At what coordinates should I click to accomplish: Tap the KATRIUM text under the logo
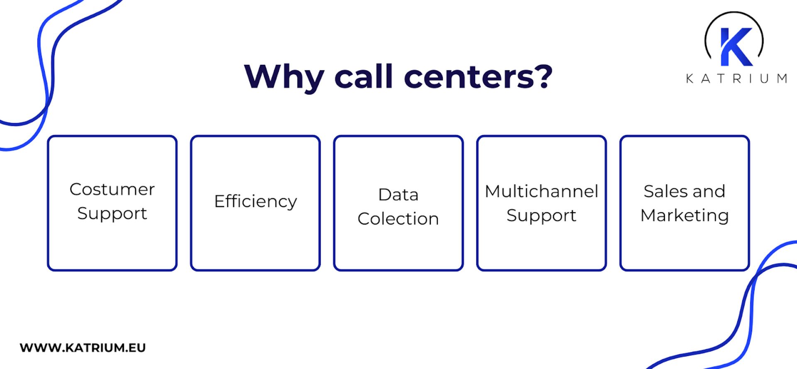pyautogui.click(x=736, y=78)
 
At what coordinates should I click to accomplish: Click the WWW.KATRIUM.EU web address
pyautogui.click(x=83, y=347)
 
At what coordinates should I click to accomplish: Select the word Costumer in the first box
pyautogui.click(x=112, y=189)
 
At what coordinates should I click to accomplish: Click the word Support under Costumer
pyautogui.click(x=112, y=213)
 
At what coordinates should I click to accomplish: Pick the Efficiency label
pyautogui.click(x=255, y=201)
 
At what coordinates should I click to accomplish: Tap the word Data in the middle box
pyautogui.click(x=398, y=194)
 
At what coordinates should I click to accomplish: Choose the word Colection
pyautogui.click(x=398, y=219)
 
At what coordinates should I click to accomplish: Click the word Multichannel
pyautogui.click(x=541, y=191)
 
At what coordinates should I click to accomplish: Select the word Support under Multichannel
pyautogui.click(x=541, y=215)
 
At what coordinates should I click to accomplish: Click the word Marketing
pyautogui.click(x=685, y=215)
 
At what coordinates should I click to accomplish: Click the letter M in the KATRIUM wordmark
pyautogui.click(x=782, y=78)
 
